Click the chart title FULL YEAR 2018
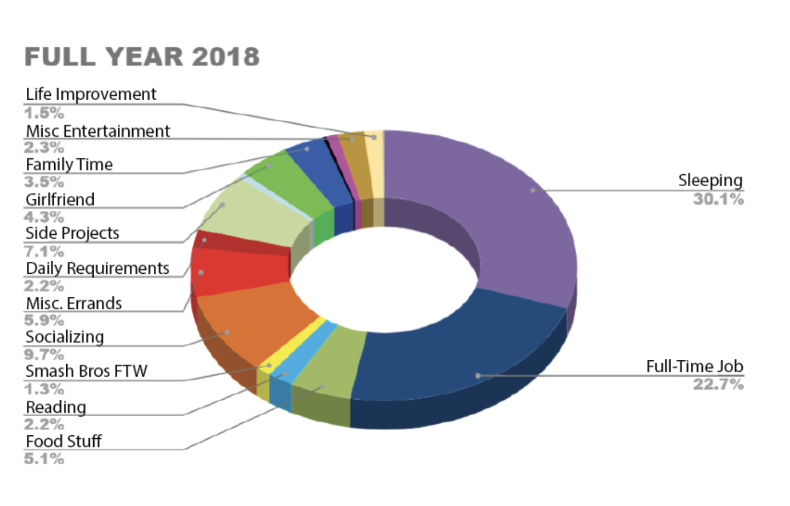pyautogui.click(x=142, y=57)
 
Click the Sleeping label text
pyautogui.click(x=710, y=180)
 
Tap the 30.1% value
pyautogui.click(x=718, y=199)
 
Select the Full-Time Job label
pyautogui.click(x=694, y=366)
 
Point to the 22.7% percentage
pyautogui.click(x=718, y=384)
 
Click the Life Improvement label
pyautogui.click(x=91, y=94)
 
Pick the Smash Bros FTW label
pyautogui.click(x=86, y=371)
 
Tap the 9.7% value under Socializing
pyautogui.click(x=44, y=354)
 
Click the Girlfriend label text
pyautogui.click(x=60, y=199)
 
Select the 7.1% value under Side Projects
pyautogui.click(x=44, y=251)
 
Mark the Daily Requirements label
pyautogui.click(x=98, y=268)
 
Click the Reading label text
pyautogui.click(x=56, y=407)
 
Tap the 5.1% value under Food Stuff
pyautogui.click(x=44, y=458)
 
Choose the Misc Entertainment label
pyautogui.click(x=98, y=131)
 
